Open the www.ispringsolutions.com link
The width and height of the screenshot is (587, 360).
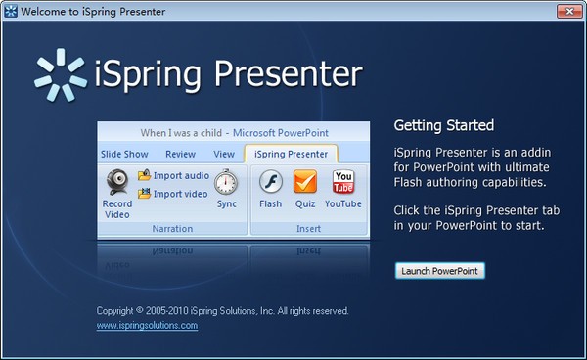coord(147,325)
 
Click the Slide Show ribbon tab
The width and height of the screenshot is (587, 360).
coord(124,154)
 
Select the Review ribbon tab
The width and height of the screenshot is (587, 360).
coord(180,154)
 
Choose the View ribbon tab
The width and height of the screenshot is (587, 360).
coord(224,154)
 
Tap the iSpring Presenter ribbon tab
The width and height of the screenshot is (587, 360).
coord(291,154)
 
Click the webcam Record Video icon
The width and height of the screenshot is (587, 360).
coord(117,182)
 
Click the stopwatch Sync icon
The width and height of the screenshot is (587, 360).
coord(226,182)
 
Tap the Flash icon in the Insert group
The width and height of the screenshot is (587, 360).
coord(270,182)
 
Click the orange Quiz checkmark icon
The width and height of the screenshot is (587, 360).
coord(305,182)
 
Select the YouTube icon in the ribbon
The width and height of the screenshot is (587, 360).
coord(342,182)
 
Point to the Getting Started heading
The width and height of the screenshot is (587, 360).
coord(443,126)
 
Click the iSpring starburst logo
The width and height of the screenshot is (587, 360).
coord(61,74)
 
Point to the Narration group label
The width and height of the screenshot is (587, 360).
coord(172,228)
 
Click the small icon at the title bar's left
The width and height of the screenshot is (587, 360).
coord(11,10)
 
